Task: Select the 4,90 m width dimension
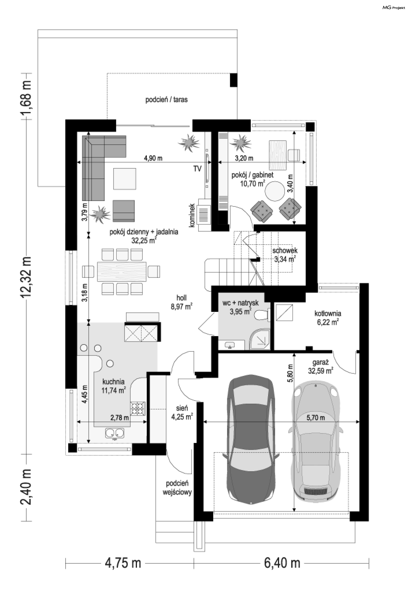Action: coord(153,158)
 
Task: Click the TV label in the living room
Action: coord(197,169)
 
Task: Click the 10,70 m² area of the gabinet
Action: coord(253,184)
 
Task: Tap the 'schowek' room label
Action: coord(285,250)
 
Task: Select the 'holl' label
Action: coord(182,298)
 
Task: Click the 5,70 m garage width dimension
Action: coord(315,418)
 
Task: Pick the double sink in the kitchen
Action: coord(115,433)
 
